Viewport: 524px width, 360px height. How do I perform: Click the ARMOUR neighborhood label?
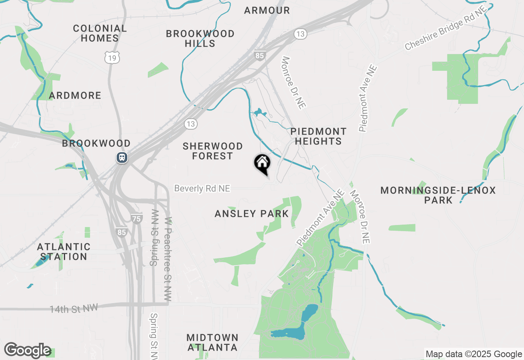(x=267, y=11)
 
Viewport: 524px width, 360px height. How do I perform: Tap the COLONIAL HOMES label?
(x=100, y=34)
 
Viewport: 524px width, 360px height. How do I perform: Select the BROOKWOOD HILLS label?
(x=200, y=38)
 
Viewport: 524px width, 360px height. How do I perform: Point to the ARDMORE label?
(x=75, y=96)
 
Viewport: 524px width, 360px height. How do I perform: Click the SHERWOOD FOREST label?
(x=212, y=151)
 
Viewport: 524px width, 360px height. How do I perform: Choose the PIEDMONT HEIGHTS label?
(x=318, y=136)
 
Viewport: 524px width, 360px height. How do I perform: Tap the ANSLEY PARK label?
(x=251, y=214)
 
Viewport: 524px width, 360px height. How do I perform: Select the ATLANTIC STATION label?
(x=63, y=252)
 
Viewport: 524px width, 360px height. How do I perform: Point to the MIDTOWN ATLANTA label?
(x=212, y=342)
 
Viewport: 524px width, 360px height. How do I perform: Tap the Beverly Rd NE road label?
(x=202, y=189)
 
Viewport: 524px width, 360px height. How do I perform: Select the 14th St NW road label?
(x=74, y=308)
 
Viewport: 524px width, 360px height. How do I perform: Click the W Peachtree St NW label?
(x=167, y=259)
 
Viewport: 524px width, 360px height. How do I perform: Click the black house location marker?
(x=262, y=164)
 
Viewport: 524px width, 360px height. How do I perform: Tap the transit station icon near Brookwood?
(x=122, y=157)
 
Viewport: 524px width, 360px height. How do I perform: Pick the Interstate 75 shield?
(x=137, y=218)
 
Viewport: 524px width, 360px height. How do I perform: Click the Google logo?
(x=27, y=350)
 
